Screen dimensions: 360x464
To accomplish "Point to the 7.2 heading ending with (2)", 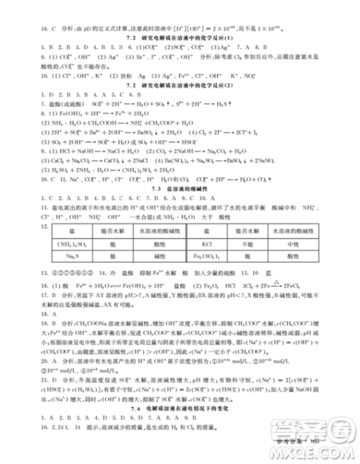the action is (x=180, y=86).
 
